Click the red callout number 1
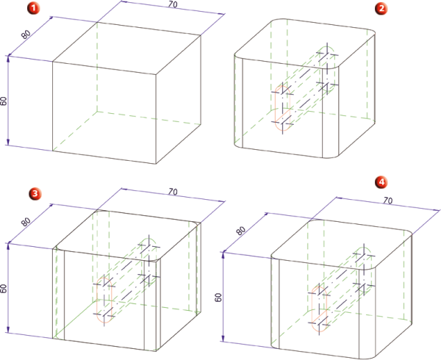(x=34, y=8)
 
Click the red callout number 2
(x=381, y=8)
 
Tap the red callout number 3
(x=35, y=194)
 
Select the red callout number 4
(x=381, y=182)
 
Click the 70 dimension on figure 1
(x=173, y=5)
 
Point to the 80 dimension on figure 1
(x=26, y=35)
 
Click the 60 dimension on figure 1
(x=4, y=101)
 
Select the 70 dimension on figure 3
(x=173, y=192)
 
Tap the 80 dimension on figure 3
(x=26, y=222)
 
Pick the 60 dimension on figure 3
(x=4, y=288)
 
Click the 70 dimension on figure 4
(x=388, y=201)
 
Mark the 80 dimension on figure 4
(x=240, y=231)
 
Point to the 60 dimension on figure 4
(x=218, y=297)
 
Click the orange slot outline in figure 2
(x=275, y=108)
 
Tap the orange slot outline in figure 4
(x=312, y=309)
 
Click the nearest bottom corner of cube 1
(x=156, y=164)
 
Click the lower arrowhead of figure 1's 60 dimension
(x=8, y=143)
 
